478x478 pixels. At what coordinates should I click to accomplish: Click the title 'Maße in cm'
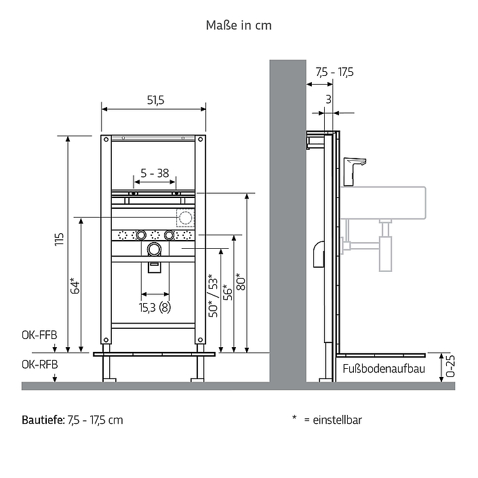coord(239,25)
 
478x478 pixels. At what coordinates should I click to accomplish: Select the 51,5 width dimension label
coord(155,100)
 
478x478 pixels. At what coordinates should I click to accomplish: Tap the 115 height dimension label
coord(59,239)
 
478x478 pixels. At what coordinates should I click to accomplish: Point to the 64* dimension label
coord(75,285)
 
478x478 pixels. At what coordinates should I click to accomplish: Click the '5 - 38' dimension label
coord(155,173)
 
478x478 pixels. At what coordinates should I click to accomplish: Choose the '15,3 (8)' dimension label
coord(155,307)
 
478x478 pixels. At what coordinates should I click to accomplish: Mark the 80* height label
coord(240,281)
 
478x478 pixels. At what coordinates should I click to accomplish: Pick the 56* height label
coord(227,292)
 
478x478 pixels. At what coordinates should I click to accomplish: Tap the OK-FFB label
coord(39,336)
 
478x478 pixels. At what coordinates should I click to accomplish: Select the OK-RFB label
coord(39,365)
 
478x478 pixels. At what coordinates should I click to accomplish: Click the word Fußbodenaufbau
coord(384,369)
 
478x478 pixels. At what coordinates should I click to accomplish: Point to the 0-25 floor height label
coord(450,366)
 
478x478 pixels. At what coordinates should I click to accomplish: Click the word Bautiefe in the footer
coord(43,420)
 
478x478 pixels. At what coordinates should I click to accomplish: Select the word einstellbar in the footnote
coord(337,420)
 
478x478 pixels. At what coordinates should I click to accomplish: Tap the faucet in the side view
coord(354,172)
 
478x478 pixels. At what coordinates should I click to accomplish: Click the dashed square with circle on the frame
coord(185,218)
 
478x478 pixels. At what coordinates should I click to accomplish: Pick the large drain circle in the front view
coord(155,250)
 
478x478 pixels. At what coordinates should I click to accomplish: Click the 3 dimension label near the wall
coord(328,99)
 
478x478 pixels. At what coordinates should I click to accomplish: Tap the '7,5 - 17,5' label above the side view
coord(335,73)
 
